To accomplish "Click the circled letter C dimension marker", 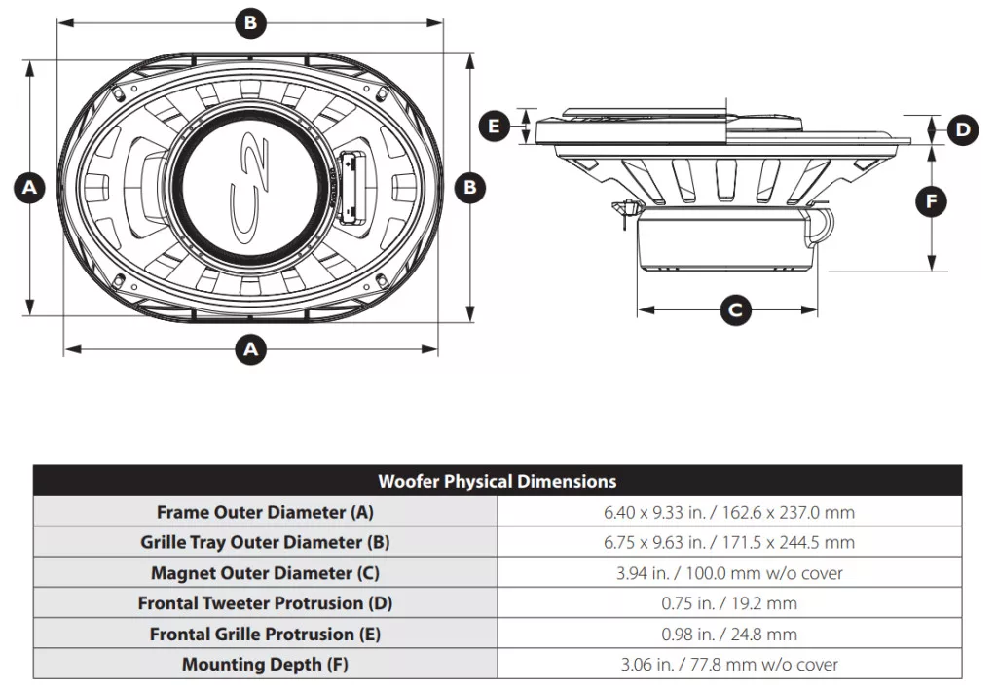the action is pos(735,310).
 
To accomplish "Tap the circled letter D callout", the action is pos(963,129).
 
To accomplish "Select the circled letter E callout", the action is pos(494,126).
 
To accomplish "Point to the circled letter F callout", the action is pos(931,202).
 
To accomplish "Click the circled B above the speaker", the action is pos(250,23).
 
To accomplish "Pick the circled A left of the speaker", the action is pos(29,188).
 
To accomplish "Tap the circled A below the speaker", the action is pos(251,349).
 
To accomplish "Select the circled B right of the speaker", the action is pos(470,188).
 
